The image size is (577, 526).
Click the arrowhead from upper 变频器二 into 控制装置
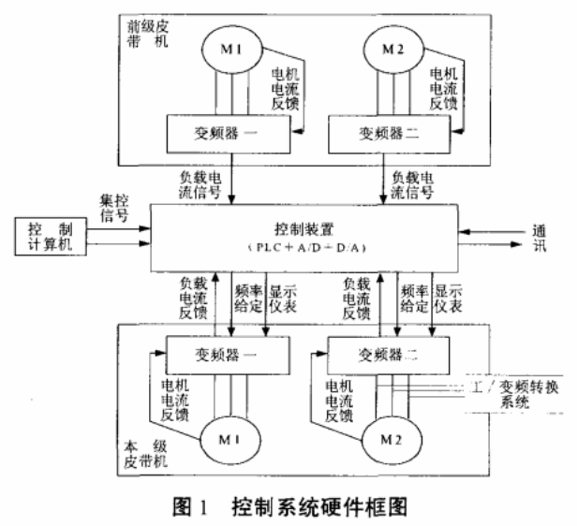pos(386,198)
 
